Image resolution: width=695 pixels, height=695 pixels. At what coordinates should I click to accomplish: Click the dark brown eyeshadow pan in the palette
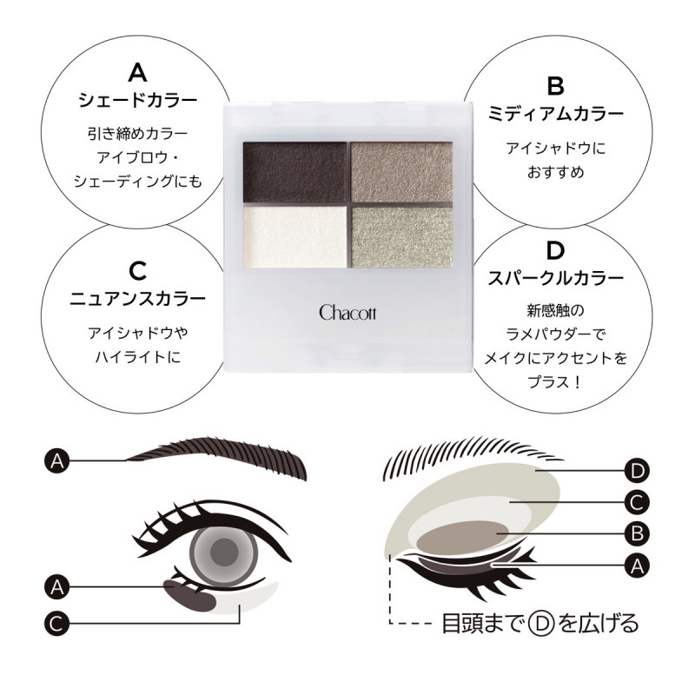pyautogui.click(x=295, y=172)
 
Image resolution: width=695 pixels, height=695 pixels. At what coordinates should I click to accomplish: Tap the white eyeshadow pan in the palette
pyautogui.click(x=295, y=237)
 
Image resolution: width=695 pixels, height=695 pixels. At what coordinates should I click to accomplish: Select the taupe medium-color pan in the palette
pyautogui.click(x=402, y=172)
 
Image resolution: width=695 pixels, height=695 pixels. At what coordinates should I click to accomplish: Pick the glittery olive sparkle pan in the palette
pyautogui.click(x=402, y=237)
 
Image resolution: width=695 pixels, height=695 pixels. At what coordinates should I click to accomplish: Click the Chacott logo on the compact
pyautogui.click(x=347, y=313)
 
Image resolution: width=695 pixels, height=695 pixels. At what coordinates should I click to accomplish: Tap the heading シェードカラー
pyautogui.click(x=138, y=100)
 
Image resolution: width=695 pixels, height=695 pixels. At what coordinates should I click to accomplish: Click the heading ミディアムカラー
pyautogui.click(x=555, y=114)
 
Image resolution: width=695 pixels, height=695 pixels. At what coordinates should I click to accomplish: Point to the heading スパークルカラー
pyautogui.click(x=555, y=278)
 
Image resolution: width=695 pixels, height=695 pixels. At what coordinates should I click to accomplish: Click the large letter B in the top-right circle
pyautogui.click(x=555, y=85)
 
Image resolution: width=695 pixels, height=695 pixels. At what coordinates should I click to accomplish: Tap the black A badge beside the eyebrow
pyautogui.click(x=57, y=461)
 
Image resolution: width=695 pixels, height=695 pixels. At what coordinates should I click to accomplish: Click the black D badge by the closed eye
pyautogui.click(x=637, y=471)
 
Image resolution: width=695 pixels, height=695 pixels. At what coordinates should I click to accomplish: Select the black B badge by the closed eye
pyautogui.click(x=637, y=533)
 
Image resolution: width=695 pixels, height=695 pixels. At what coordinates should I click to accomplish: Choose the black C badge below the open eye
pyautogui.click(x=57, y=624)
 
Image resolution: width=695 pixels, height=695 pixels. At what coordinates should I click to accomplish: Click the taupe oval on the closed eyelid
pyautogui.click(x=462, y=535)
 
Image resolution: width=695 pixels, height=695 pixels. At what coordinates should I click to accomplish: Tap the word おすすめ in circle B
pyautogui.click(x=555, y=172)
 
